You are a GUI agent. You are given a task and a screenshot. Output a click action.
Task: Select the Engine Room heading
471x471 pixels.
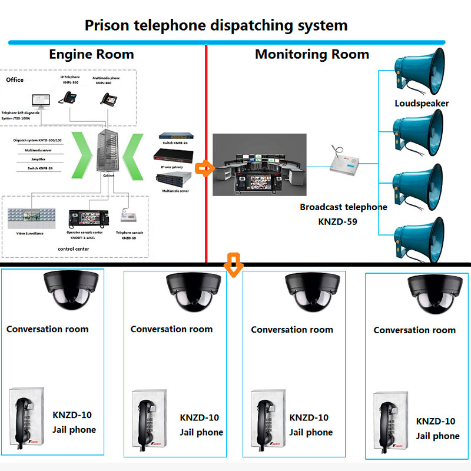pos(91,55)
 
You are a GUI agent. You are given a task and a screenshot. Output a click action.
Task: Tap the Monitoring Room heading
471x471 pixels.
pos(311,55)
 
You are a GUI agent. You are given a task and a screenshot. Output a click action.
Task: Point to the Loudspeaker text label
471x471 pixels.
pos(422,104)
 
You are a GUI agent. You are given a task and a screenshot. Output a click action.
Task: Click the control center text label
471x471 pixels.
pos(74,250)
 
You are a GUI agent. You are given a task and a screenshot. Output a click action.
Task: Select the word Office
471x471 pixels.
pos(15,79)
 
